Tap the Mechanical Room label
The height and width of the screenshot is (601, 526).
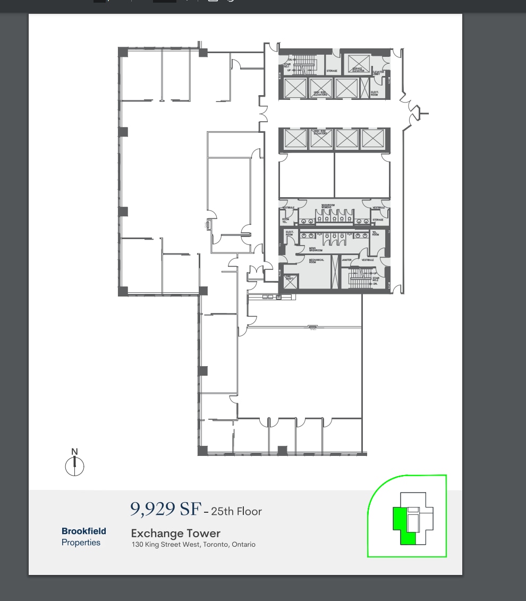click(x=317, y=261)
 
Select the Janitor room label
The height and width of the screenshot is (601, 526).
click(x=346, y=260)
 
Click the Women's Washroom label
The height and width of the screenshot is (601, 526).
click(x=328, y=206)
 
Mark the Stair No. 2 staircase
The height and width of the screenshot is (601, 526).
click(x=361, y=277)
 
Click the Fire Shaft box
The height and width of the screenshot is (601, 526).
click(x=290, y=281)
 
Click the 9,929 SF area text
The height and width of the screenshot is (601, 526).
click(x=165, y=509)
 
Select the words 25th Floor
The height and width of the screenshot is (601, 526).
click(x=236, y=511)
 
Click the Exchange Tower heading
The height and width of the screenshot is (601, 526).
click(x=175, y=533)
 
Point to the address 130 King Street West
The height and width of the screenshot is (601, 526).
click(x=193, y=545)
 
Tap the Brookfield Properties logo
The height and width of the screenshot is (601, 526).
click(x=83, y=536)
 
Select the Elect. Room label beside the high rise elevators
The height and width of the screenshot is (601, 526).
click(x=375, y=94)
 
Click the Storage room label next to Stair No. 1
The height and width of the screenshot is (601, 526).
click(x=332, y=71)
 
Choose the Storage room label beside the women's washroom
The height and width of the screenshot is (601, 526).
click(x=378, y=219)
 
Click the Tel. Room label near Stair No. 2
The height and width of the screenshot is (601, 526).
click(x=375, y=233)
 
